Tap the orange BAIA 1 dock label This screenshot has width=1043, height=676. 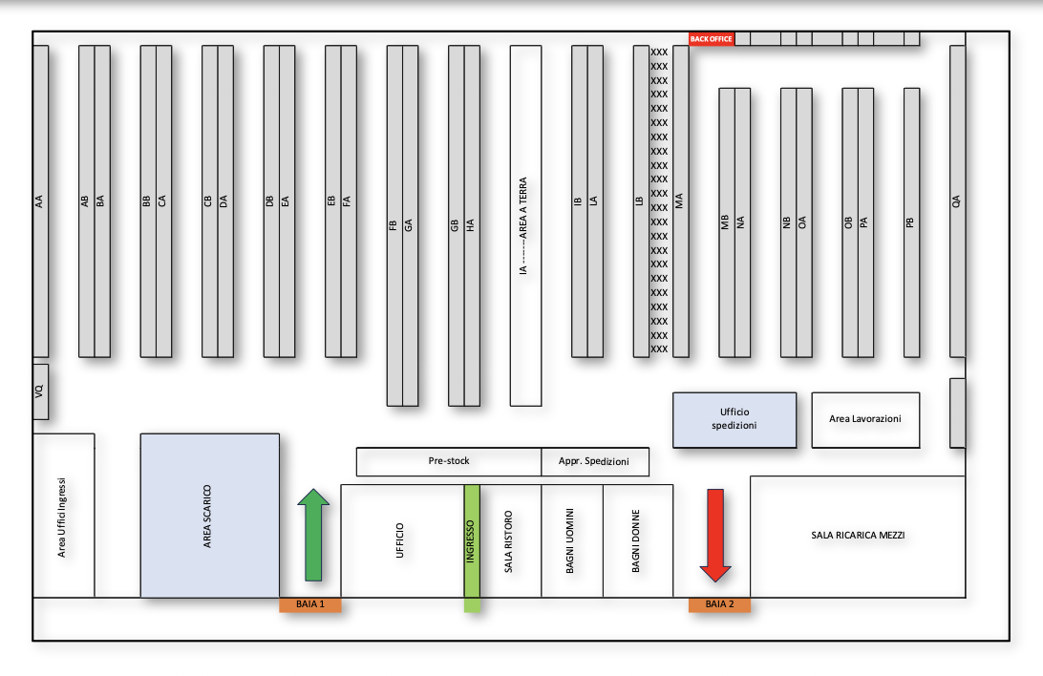[309, 604]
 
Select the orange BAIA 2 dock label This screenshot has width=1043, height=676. [719, 604]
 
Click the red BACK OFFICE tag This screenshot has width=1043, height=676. [712, 38]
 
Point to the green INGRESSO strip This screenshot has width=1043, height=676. [471, 544]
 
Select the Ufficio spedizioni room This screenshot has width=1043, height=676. [734, 419]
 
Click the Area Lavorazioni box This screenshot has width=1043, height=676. [865, 419]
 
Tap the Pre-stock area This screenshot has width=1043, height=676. [449, 461]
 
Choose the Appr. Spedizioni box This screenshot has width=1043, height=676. [595, 461]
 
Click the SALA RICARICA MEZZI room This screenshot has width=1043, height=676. [857, 536]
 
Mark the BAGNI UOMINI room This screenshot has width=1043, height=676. [571, 541]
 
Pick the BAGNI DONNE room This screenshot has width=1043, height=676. [635, 541]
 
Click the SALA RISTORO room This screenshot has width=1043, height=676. [509, 541]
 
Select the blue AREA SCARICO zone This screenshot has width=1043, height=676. [209, 516]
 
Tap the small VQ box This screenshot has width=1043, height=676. [40, 391]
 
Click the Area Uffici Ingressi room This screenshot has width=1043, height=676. [63, 515]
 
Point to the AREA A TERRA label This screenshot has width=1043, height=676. [524, 225]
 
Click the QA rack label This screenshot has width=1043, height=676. [957, 201]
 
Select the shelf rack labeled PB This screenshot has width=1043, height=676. [911, 222]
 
